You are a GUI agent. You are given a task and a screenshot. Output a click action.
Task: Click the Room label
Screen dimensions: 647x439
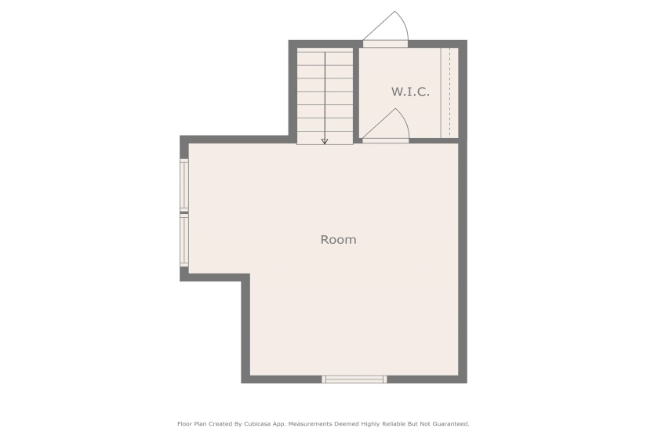[x=338, y=240]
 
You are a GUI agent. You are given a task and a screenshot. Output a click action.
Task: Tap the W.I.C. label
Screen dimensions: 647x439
[x=410, y=92]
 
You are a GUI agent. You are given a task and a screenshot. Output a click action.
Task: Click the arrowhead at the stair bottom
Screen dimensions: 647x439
[x=325, y=142]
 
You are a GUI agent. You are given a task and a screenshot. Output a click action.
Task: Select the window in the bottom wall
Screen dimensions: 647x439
[x=354, y=379]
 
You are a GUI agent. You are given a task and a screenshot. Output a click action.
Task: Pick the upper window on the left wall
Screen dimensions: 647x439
[x=184, y=185]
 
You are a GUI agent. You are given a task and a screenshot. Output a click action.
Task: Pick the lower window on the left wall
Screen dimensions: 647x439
[x=184, y=241]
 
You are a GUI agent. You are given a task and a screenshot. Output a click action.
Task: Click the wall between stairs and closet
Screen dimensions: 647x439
[x=356, y=92]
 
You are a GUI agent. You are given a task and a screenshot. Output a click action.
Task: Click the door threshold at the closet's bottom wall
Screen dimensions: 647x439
[x=386, y=140]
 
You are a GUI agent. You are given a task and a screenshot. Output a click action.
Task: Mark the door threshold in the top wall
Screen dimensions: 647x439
[x=385, y=44]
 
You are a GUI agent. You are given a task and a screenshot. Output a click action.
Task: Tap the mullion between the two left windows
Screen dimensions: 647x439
[x=184, y=213]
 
